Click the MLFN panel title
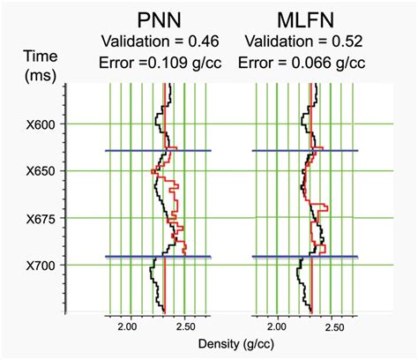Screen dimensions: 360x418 tap(305, 19)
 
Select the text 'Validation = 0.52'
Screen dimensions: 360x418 tap(305, 42)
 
